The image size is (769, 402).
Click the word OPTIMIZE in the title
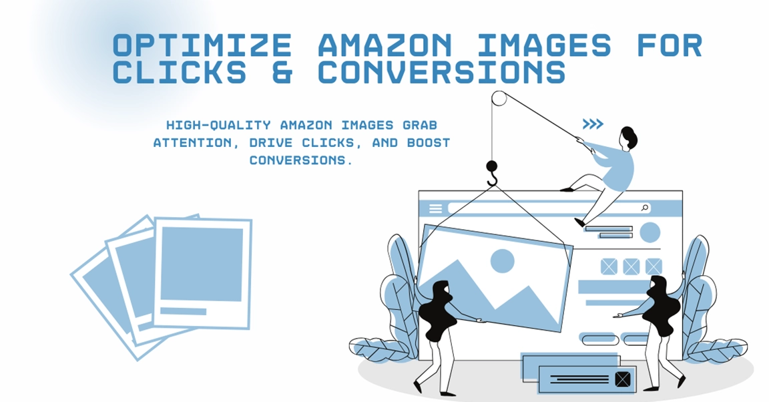point(202,45)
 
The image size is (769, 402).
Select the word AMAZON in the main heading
point(385,45)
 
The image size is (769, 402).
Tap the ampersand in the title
point(283,72)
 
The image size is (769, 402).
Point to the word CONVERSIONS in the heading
point(442,72)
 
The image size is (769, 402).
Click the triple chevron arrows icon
point(592,124)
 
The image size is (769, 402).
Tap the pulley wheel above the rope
point(499,99)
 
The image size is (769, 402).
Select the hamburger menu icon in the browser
point(435,208)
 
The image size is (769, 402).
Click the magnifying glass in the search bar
point(645,208)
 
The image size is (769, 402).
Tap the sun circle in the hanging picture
point(502,260)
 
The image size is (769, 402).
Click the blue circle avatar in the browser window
point(650,232)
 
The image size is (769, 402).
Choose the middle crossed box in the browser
point(631,266)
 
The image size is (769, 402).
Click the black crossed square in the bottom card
point(622,379)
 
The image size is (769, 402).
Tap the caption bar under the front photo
point(184,311)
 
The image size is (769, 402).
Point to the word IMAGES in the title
point(544,45)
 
